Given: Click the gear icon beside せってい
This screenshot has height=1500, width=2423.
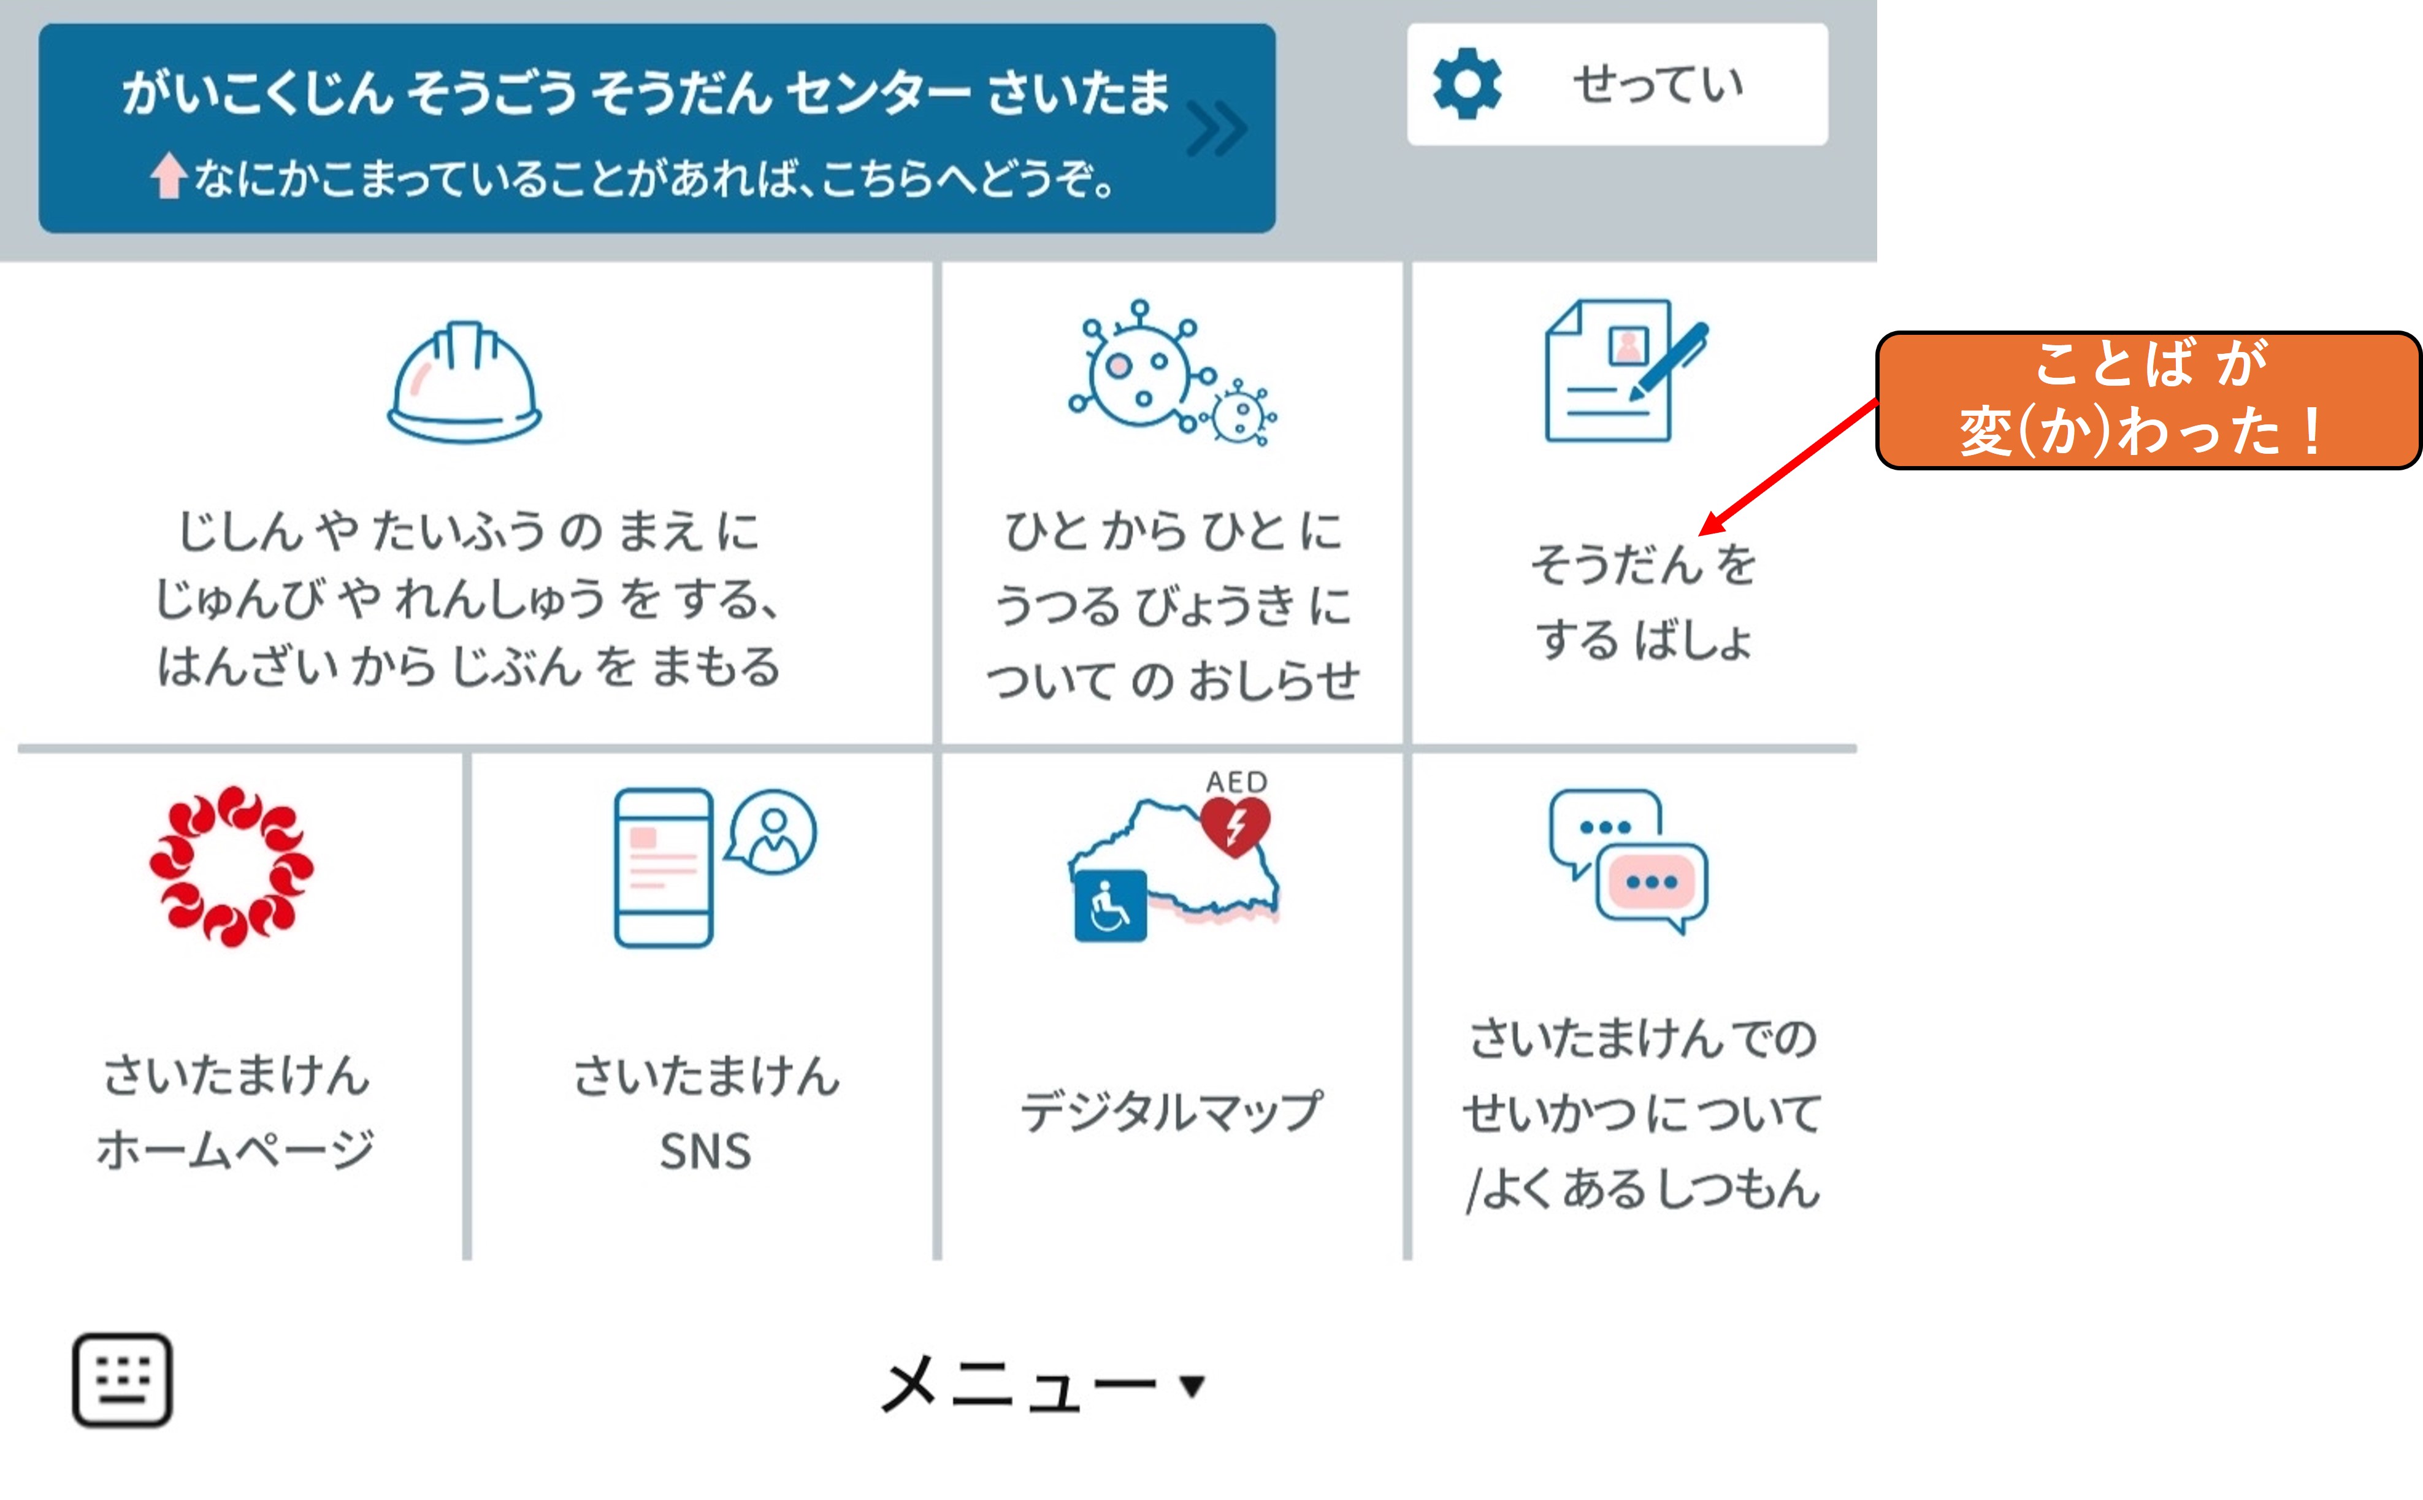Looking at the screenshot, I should point(1467,85).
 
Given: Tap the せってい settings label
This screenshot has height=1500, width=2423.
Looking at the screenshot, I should point(1658,85).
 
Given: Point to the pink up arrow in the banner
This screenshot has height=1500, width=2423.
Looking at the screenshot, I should point(169,175).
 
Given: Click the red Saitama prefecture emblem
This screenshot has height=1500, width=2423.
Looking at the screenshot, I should point(231,866).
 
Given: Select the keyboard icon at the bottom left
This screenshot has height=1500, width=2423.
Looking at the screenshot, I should point(122,1380).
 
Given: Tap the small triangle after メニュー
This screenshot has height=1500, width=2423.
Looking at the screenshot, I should point(1192,1385).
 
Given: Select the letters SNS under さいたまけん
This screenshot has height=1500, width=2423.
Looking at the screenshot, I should point(705,1152).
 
